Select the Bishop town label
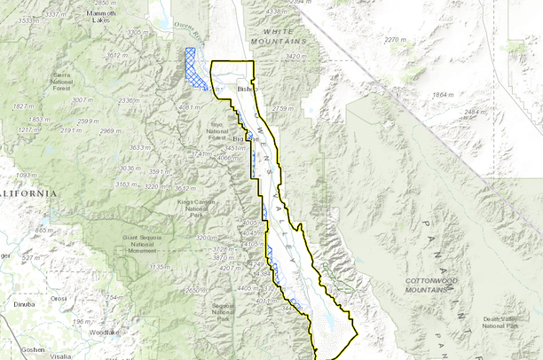click(246, 90)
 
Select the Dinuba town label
click(24, 304)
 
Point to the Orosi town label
click(59, 300)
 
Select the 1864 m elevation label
click(442, 95)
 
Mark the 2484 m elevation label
click(476, 112)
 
